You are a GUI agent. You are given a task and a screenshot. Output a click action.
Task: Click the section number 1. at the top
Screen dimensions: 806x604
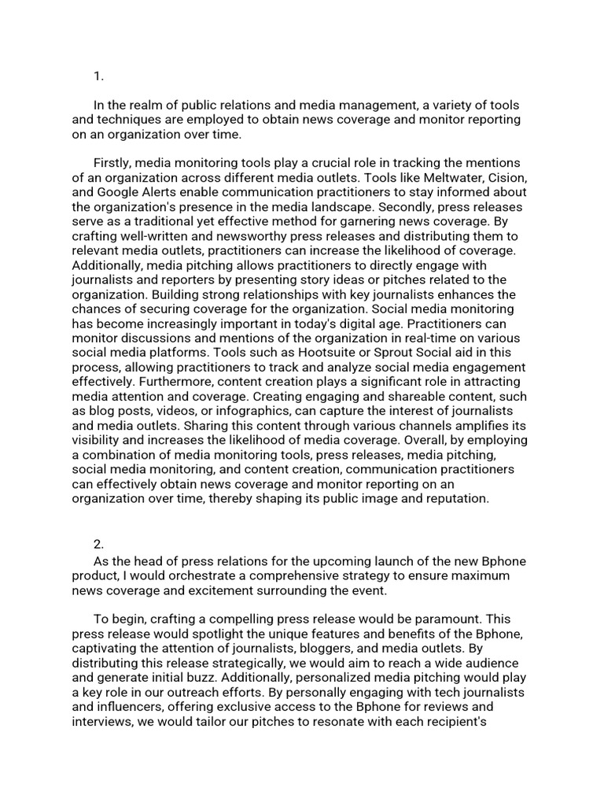pos(98,76)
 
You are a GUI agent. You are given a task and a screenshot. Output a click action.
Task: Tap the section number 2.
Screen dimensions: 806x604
pos(99,544)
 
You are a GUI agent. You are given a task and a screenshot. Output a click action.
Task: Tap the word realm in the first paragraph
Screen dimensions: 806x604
pos(155,105)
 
